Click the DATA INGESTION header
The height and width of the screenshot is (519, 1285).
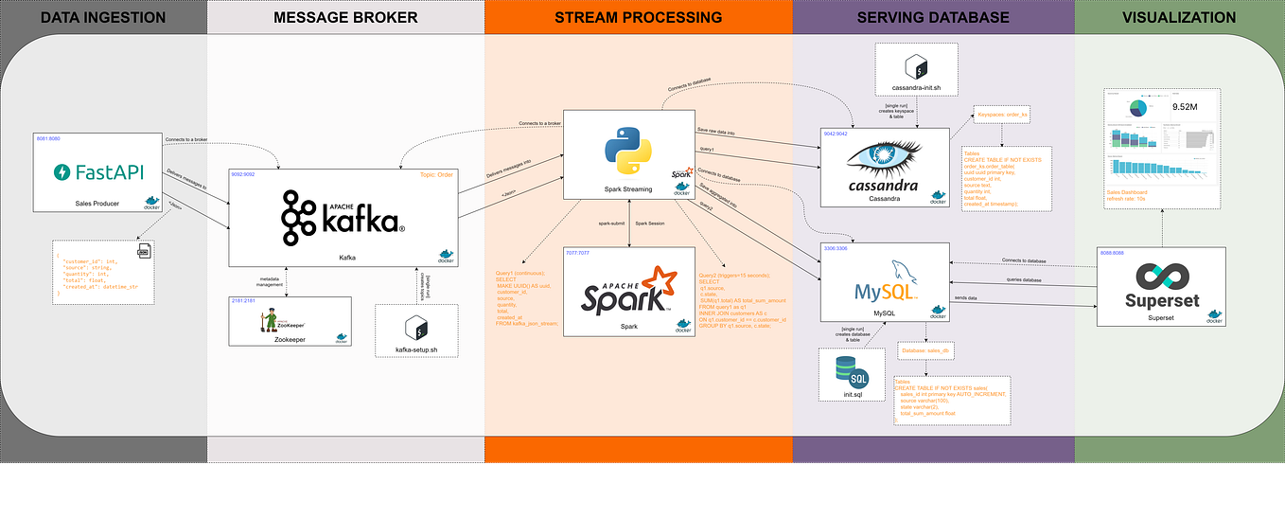pyautogui.click(x=103, y=17)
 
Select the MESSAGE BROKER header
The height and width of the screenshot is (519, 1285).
pyautogui.click(x=344, y=17)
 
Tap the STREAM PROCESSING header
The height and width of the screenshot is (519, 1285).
pyautogui.click(x=639, y=17)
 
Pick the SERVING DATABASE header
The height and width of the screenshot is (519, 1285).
pyautogui.click(x=932, y=17)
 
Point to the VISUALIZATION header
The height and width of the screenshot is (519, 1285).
pyautogui.click(x=1178, y=17)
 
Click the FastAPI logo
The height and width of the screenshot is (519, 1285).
pyautogui.click(x=97, y=172)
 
